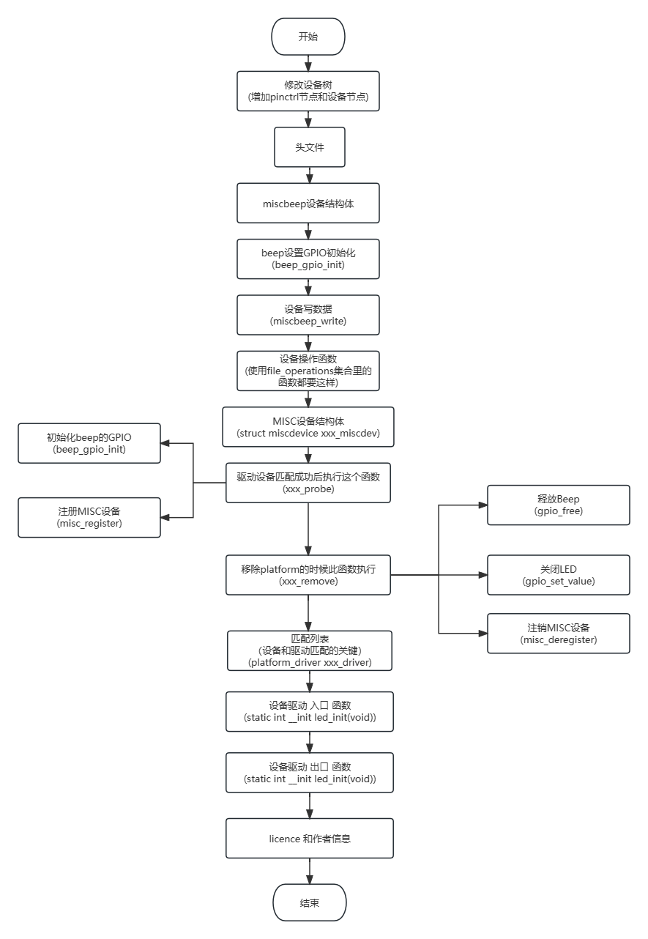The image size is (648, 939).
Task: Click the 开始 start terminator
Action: point(308,37)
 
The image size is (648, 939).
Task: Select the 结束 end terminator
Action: point(309,902)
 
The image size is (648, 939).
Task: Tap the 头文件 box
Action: point(309,147)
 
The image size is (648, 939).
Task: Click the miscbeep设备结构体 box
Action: point(308,204)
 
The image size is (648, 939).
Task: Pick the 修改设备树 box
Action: point(308,91)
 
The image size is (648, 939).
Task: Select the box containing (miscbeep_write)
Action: point(308,315)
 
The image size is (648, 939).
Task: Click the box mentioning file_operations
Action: point(308,371)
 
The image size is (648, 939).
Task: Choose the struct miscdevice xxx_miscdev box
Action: point(308,427)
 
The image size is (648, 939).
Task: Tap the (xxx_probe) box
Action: point(308,482)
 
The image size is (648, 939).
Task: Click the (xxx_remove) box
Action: point(308,574)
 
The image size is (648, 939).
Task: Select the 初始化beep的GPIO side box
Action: point(89,443)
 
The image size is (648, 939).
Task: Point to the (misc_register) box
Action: point(89,518)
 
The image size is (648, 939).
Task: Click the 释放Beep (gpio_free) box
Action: point(559,505)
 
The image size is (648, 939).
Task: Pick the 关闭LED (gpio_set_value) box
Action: point(559,574)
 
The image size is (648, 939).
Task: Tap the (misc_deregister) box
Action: point(559,634)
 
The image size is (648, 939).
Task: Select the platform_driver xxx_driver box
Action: point(310,650)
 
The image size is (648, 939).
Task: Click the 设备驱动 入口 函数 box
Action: point(310,711)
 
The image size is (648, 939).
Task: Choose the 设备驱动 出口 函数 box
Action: point(310,773)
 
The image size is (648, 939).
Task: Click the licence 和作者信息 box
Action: point(310,838)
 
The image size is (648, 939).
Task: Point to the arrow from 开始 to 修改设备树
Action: point(308,63)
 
